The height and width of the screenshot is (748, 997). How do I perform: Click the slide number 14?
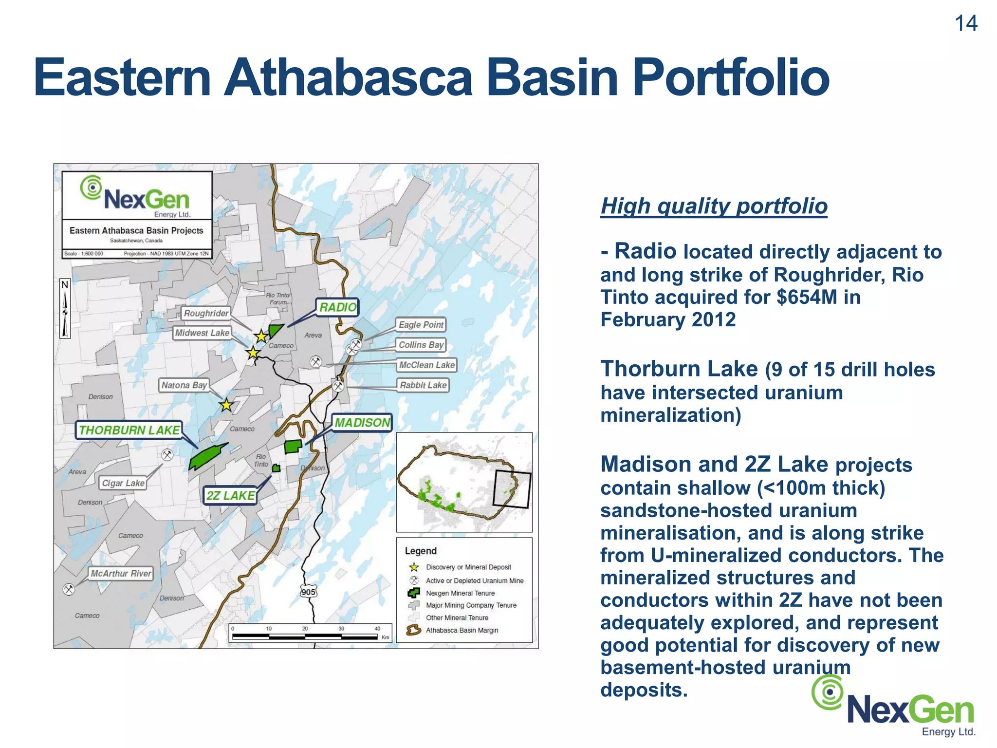(x=966, y=23)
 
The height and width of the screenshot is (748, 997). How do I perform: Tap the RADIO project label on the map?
(x=337, y=307)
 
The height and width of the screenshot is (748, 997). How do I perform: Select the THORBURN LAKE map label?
(x=129, y=430)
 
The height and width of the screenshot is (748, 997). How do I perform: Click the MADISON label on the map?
(x=362, y=423)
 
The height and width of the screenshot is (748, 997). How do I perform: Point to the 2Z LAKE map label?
(x=230, y=496)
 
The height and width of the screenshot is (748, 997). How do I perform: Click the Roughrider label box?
(x=206, y=313)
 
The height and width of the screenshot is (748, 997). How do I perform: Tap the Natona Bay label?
(x=184, y=385)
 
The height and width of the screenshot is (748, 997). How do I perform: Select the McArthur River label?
(x=121, y=574)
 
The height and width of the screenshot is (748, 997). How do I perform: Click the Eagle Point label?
(x=421, y=325)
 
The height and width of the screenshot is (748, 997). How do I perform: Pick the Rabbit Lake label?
(x=423, y=385)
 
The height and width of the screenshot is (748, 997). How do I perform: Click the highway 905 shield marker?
(x=308, y=592)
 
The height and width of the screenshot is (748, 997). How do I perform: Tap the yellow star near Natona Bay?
(x=226, y=405)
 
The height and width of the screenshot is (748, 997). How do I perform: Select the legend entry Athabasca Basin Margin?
(x=462, y=630)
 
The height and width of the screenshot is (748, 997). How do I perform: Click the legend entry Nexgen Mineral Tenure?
(x=460, y=593)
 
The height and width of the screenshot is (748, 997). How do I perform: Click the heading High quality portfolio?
(x=714, y=206)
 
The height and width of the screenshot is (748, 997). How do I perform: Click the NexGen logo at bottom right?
(x=894, y=707)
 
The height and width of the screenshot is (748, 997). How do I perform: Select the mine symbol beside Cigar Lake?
(x=167, y=455)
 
